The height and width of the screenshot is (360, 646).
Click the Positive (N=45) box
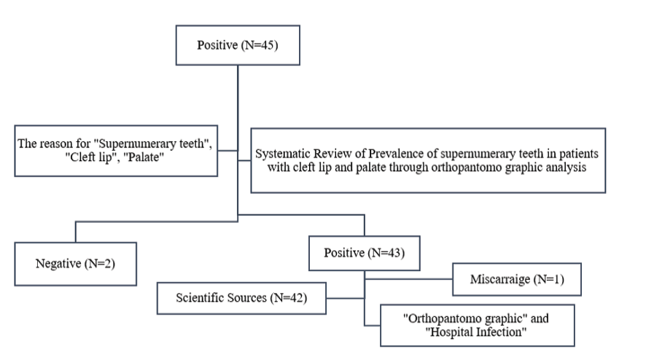pos(238,45)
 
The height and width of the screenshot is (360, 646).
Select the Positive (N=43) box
pos(365,254)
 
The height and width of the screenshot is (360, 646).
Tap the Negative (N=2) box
pos(75,264)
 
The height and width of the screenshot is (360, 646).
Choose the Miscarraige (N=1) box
pos(517,279)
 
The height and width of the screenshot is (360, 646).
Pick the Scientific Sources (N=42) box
pos(241,298)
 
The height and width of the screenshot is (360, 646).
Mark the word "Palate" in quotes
pos(144,157)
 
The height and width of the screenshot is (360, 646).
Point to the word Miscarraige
pos(500,280)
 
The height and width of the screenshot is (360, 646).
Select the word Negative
pos(58,264)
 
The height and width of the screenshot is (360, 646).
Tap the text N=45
pos(260,45)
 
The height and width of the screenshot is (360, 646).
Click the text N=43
pos(387,253)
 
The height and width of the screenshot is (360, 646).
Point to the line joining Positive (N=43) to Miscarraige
pos(408,279)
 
